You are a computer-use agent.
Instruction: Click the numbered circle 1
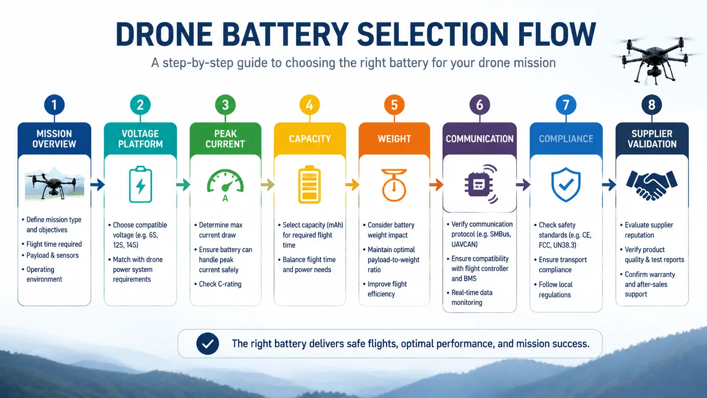(x=54, y=105)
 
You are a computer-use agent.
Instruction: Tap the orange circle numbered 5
(x=394, y=105)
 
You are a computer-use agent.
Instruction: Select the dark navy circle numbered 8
(x=652, y=105)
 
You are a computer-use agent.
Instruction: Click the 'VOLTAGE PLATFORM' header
(x=140, y=139)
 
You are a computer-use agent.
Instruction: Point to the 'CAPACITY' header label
(x=310, y=139)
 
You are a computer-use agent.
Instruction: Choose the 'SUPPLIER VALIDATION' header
(x=652, y=139)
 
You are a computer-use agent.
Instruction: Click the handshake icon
(x=652, y=185)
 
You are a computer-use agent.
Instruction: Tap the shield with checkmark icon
(x=566, y=185)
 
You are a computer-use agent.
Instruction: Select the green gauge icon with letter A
(x=225, y=185)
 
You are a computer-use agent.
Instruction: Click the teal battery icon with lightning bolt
(x=140, y=184)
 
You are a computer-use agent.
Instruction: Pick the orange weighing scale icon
(x=394, y=185)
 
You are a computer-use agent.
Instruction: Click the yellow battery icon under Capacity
(x=310, y=184)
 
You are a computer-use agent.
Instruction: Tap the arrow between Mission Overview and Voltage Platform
(x=98, y=185)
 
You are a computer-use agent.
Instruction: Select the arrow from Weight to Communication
(x=436, y=185)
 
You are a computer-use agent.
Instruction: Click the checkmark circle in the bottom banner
(x=208, y=343)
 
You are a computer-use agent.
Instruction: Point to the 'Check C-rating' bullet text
(x=220, y=284)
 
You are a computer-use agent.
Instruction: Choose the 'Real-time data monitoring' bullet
(x=472, y=297)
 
